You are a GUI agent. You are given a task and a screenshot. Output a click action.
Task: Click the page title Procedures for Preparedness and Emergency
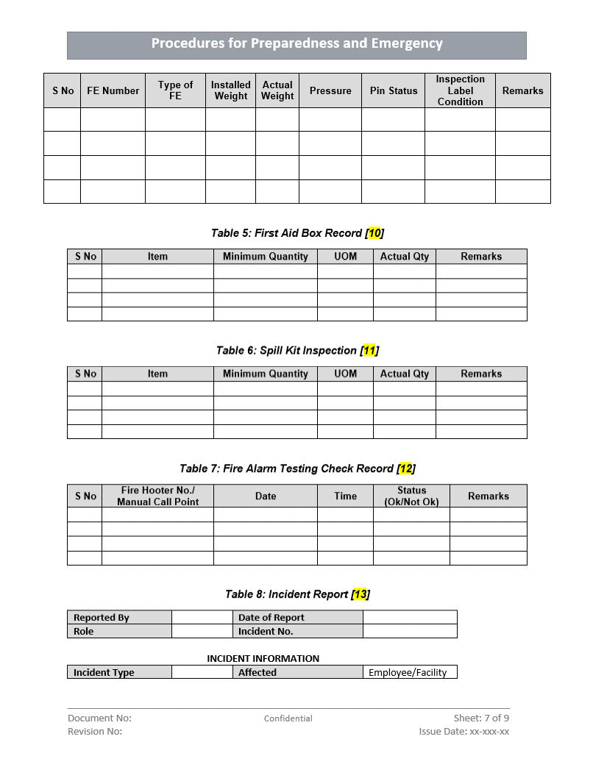(x=296, y=43)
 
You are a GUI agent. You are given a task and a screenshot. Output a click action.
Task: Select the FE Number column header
(x=113, y=90)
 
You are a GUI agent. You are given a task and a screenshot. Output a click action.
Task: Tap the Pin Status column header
(x=393, y=90)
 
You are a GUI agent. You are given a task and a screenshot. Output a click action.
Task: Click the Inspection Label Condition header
(x=460, y=90)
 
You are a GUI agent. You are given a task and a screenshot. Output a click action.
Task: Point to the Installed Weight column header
(x=230, y=90)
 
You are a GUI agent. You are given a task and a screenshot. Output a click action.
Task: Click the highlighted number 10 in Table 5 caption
(x=374, y=233)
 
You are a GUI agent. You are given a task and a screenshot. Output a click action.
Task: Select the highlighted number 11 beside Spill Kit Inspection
(x=369, y=351)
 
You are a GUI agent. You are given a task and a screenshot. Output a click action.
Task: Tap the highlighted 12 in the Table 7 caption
(x=405, y=468)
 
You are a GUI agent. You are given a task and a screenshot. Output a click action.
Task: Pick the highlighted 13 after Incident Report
(x=360, y=594)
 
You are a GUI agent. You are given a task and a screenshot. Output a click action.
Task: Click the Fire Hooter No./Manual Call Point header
(x=157, y=496)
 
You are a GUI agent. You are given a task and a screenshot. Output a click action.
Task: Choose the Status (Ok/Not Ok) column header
(x=411, y=496)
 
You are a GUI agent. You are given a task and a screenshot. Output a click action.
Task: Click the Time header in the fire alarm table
(x=345, y=496)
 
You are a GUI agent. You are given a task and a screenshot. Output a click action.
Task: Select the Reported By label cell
(x=102, y=618)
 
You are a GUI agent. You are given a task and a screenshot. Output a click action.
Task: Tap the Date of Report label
(x=271, y=618)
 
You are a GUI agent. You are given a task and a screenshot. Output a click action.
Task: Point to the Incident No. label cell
(x=266, y=631)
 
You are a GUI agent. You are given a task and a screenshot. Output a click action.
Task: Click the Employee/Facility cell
(x=408, y=672)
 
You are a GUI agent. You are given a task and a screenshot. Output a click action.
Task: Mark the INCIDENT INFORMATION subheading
(x=263, y=658)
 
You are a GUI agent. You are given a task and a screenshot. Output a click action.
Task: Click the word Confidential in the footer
(x=288, y=718)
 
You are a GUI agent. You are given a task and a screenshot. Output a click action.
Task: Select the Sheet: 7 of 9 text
(x=481, y=718)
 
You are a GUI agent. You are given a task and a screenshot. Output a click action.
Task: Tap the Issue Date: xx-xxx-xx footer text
(x=464, y=731)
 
